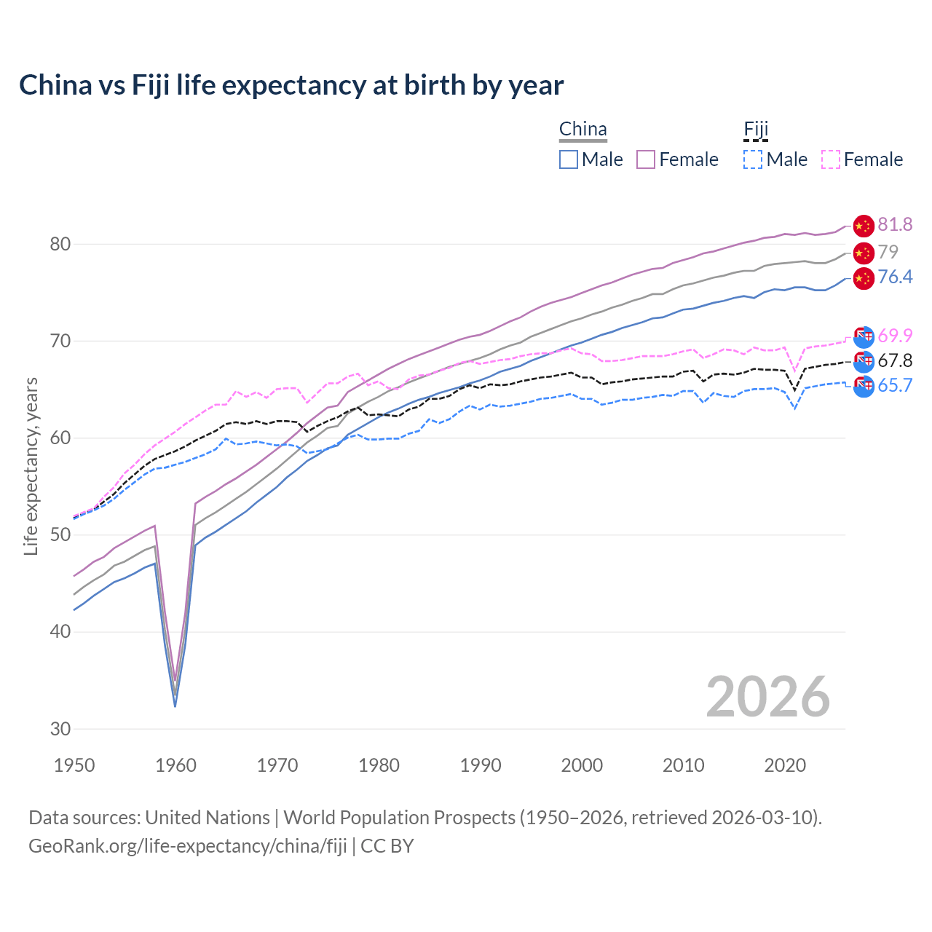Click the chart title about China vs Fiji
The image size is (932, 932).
click(x=291, y=85)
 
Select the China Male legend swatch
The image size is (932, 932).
click(x=569, y=159)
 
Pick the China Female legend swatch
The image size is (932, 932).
click(x=646, y=159)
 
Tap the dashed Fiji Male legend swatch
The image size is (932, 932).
click(x=753, y=159)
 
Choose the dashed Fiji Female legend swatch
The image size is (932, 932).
click(x=831, y=159)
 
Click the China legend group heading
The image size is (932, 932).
click(x=582, y=130)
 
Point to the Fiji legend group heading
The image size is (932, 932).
click(x=756, y=130)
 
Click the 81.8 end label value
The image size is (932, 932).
click(x=895, y=225)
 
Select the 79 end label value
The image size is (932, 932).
click(x=888, y=252)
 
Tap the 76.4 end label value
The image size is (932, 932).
click(x=895, y=277)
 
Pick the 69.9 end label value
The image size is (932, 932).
click(x=895, y=336)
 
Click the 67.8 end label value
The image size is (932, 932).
click(x=895, y=360)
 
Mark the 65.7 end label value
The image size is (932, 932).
click(x=895, y=386)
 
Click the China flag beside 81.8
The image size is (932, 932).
click(x=863, y=226)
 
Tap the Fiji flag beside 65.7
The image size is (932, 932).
click(x=863, y=387)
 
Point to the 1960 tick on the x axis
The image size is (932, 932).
click(x=176, y=765)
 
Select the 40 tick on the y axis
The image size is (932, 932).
click(x=60, y=631)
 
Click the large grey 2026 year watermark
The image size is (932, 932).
click(x=767, y=697)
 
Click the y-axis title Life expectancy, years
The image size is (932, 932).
click(x=31, y=466)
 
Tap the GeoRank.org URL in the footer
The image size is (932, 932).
click(x=188, y=846)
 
